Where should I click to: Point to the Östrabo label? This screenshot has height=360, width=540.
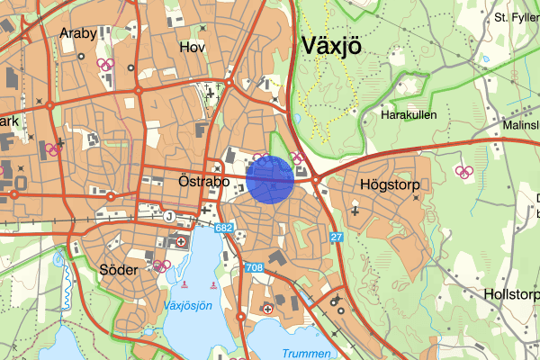click(193, 181)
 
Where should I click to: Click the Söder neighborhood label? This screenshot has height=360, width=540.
click(119, 269)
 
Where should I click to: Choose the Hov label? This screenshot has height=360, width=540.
click(193, 47)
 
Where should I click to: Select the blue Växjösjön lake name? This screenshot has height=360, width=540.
click(188, 306)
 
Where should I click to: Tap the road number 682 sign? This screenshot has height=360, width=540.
click(225, 229)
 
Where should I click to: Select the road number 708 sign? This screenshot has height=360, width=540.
click(254, 268)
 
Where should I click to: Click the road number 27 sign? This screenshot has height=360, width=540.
click(337, 237)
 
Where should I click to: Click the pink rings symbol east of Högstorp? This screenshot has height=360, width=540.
click(464, 172)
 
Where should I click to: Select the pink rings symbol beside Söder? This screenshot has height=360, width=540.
click(162, 265)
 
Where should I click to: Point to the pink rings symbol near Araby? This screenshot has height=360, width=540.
click(105, 64)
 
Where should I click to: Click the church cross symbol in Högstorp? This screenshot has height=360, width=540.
click(355, 211)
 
